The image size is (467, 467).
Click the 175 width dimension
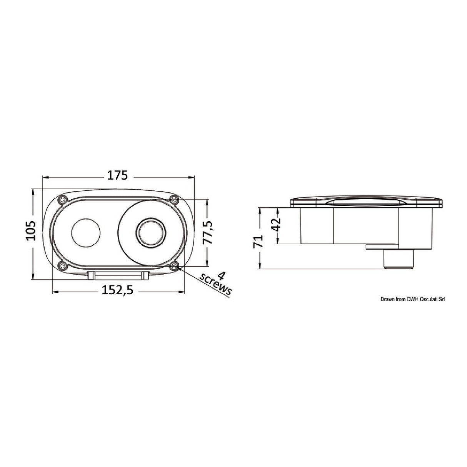(117, 175)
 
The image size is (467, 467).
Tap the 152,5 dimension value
(117, 290)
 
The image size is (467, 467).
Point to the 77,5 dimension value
(208, 232)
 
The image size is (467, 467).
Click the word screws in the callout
(215, 287)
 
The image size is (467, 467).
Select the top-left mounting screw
(63, 200)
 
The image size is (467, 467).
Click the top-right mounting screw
(174, 200)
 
